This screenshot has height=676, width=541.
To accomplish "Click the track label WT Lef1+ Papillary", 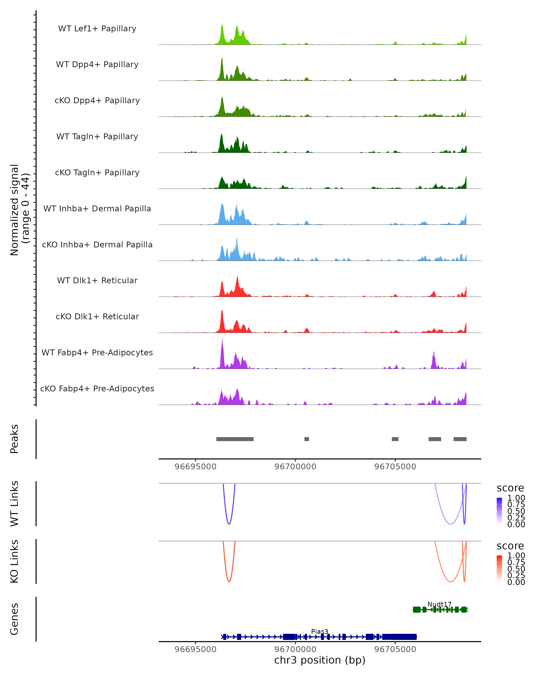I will click(97, 29).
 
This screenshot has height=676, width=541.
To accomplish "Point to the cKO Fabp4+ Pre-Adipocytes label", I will click(97, 388).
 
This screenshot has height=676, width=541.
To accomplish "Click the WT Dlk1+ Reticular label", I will click(97, 280).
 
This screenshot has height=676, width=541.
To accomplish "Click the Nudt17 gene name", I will click(439, 604).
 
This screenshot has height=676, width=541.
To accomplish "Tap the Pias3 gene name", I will click(320, 631).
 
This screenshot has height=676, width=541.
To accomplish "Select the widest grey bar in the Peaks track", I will click(235, 439).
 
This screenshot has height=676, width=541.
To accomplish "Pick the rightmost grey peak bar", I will click(460, 439).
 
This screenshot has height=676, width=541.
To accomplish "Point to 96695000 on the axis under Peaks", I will click(195, 467).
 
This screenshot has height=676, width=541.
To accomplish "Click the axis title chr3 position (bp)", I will click(320, 660).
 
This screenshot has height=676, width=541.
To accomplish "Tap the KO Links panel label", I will click(14, 561).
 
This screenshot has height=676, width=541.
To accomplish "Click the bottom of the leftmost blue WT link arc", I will click(229, 524).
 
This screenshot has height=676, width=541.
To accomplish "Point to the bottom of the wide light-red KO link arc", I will click(450, 582).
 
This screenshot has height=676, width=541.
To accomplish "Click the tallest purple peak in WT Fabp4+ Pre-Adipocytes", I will click(222, 338).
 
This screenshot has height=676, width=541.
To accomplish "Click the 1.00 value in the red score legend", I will click(516, 555).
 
